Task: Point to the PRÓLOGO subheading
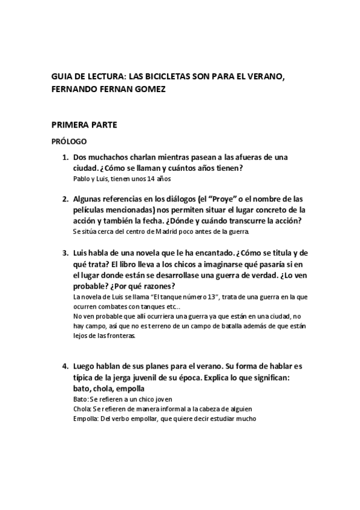[x=69, y=143]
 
